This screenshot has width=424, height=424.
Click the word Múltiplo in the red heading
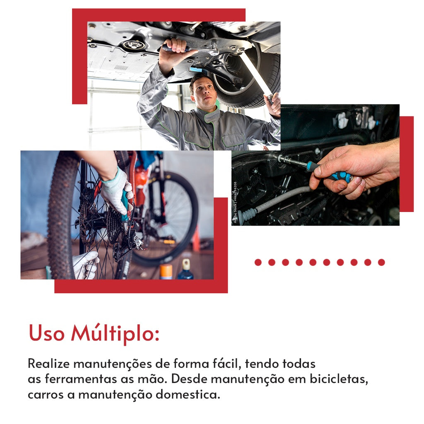[115, 333]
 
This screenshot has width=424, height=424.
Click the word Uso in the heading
[46, 333]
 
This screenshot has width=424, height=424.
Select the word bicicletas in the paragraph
[339, 379]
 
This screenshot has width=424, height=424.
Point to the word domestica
[188, 395]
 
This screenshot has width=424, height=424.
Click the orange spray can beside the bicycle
[166, 272]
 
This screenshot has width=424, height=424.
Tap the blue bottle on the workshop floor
[185, 270]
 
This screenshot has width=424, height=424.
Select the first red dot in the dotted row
[258, 262]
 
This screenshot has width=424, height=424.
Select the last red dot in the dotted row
[381, 262]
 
